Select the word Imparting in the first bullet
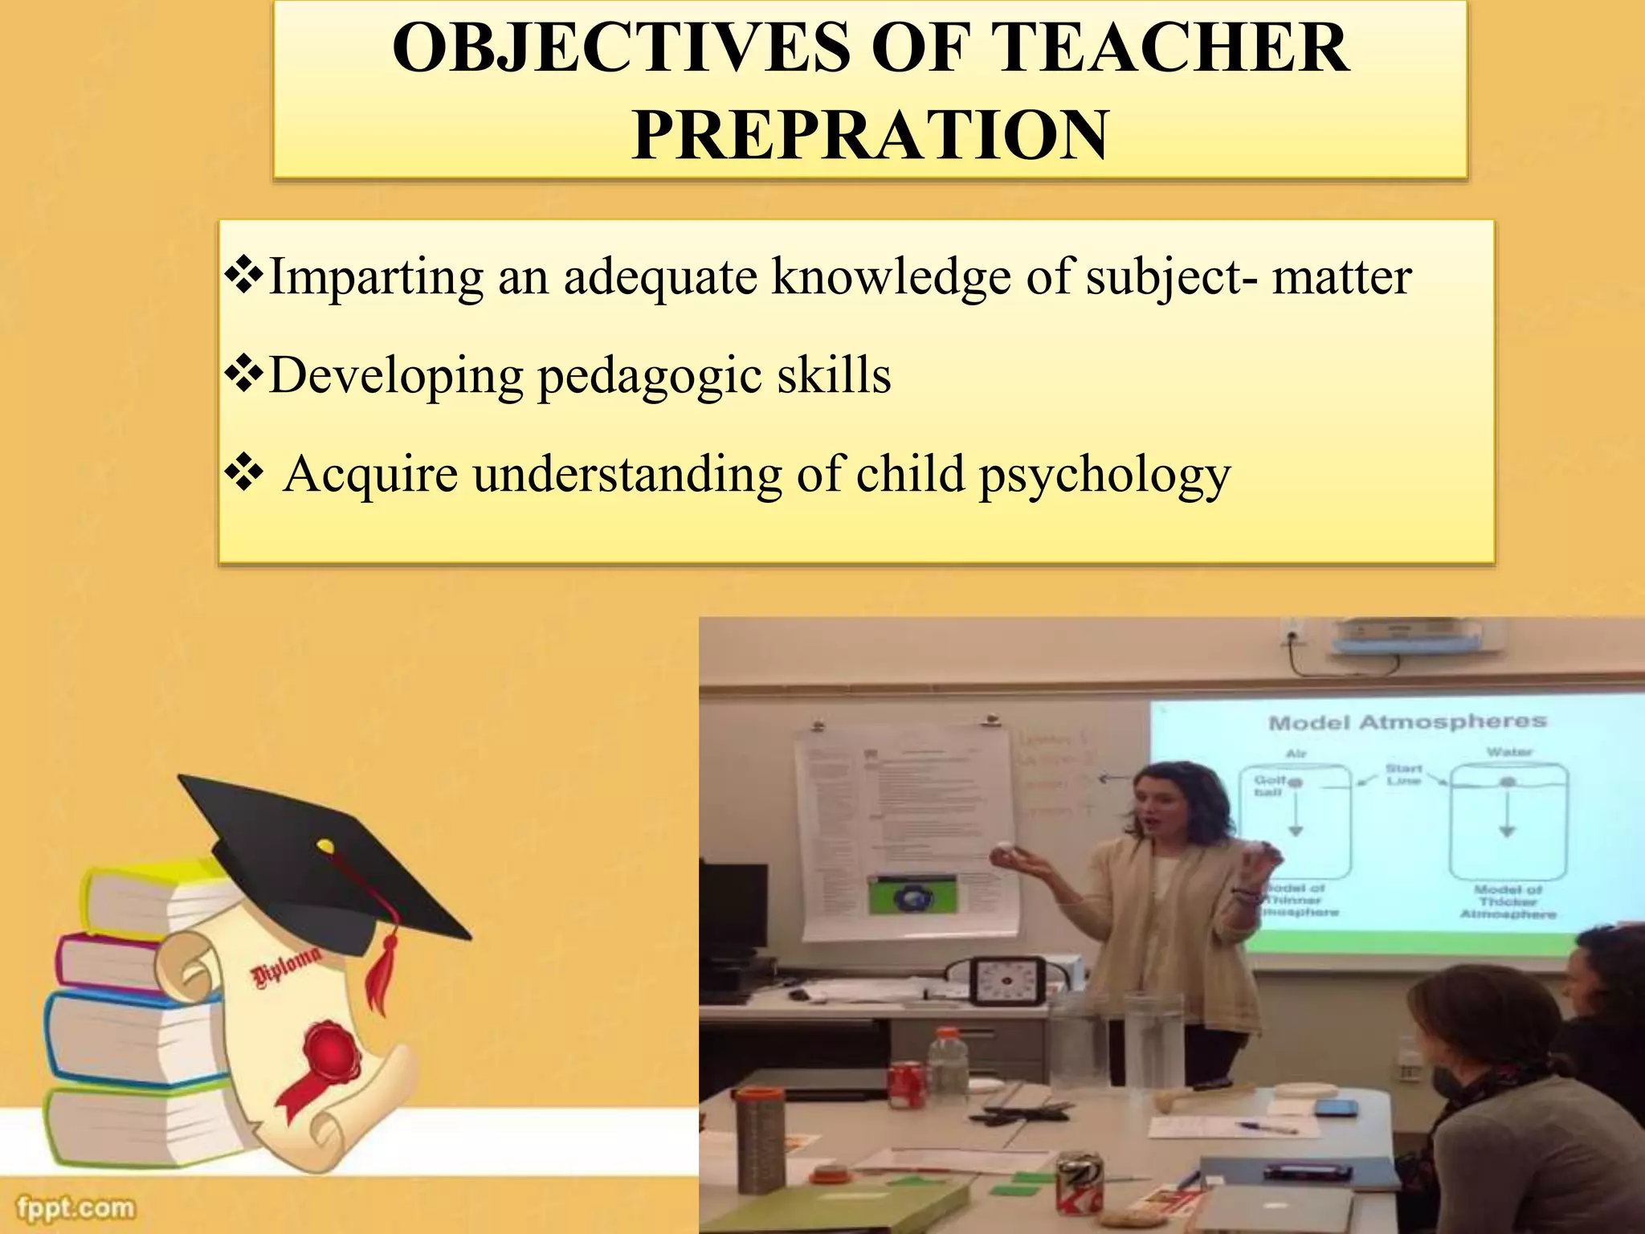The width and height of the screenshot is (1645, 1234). pos(375,277)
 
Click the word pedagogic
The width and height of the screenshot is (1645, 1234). pos(649,376)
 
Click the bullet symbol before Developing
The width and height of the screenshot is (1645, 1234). pos(243,374)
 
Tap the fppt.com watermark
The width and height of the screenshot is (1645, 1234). pos(76,1207)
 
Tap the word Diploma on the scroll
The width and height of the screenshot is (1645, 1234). pos(286,966)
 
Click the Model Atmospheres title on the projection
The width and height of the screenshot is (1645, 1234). pos(1406,722)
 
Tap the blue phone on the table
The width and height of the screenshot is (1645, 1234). pos(1337,1108)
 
